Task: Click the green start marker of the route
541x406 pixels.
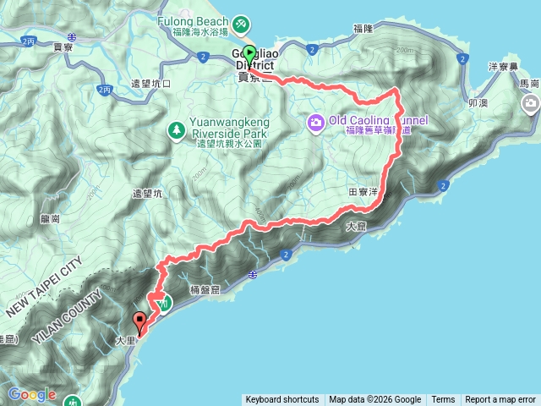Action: (249, 53)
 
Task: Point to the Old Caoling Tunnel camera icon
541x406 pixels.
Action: (315, 123)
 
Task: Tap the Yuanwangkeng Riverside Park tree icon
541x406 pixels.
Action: (177, 129)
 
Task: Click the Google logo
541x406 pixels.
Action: (32, 394)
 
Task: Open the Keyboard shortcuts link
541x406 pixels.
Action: (282, 400)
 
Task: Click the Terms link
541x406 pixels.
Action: (443, 400)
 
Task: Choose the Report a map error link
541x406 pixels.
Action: (500, 400)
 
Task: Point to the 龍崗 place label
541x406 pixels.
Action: (50, 218)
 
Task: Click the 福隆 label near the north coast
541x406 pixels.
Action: (363, 29)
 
